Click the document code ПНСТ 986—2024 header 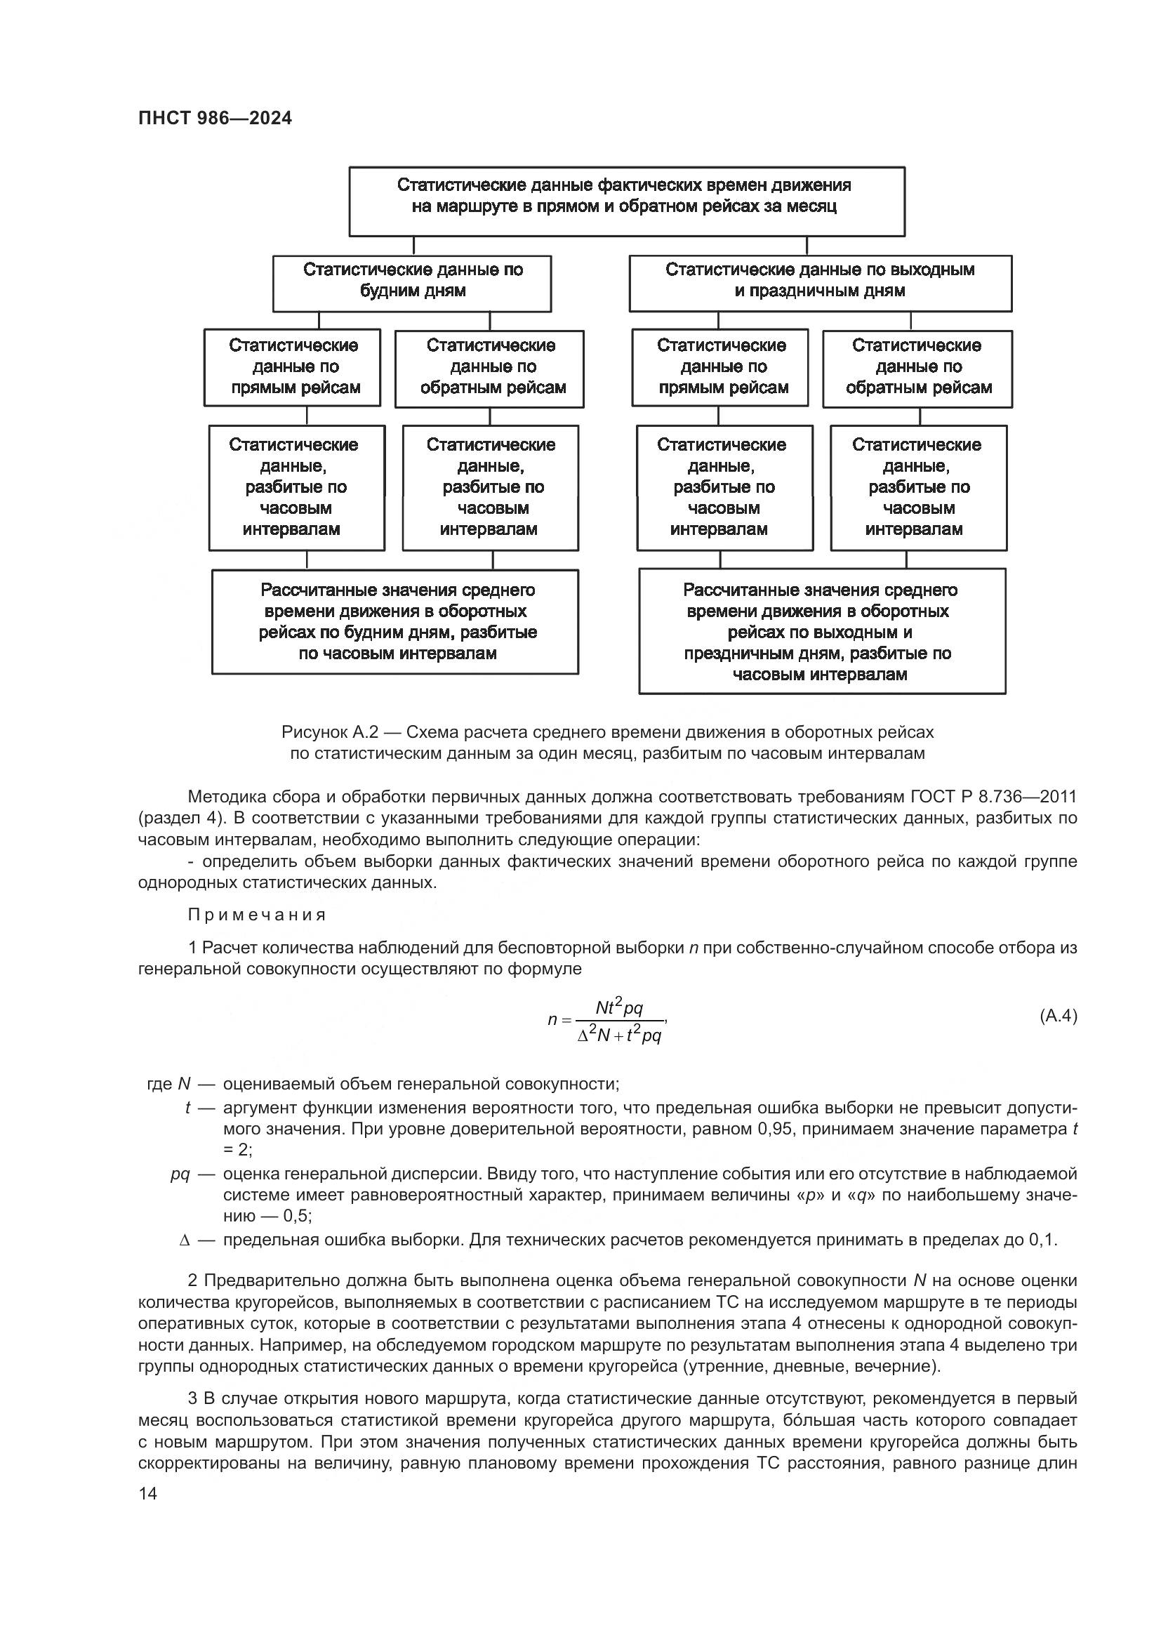(x=215, y=119)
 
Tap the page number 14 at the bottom (x=147, y=1494)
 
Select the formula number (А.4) (x=1057, y=1017)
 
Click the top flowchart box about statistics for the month (x=626, y=201)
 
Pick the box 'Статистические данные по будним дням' (x=412, y=284)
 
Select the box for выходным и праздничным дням (x=820, y=284)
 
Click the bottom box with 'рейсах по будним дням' (x=395, y=622)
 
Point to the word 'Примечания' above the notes (x=258, y=915)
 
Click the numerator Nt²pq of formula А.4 (x=619, y=1007)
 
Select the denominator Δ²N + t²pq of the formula (x=619, y=1035)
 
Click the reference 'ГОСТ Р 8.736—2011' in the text (x=994, y=797)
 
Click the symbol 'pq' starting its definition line (x=180, y=1174)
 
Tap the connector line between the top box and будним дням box (x=415, y=246)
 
